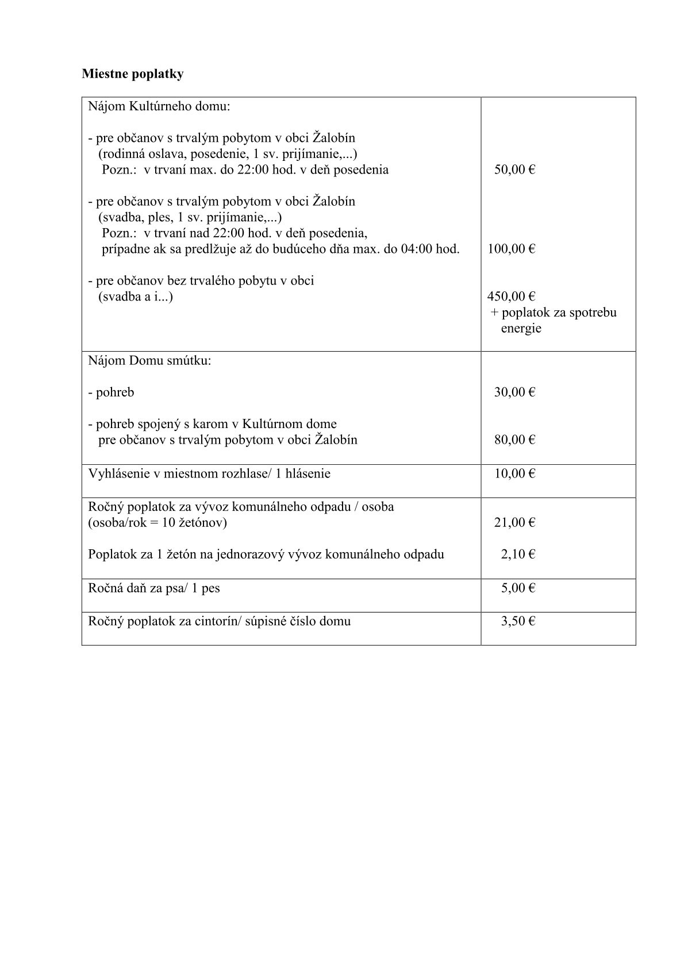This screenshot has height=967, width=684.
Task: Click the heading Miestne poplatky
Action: coord(132,74)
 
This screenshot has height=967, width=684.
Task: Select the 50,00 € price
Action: coord(514,170)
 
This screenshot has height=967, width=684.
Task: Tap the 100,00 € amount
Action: coord(512,249)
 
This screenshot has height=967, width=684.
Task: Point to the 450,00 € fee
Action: coord(512,297)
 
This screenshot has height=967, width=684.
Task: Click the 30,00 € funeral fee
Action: coord(514,392)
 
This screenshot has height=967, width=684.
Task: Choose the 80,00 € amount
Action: coord(514,440)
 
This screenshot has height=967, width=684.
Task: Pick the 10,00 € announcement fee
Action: coord(514,474)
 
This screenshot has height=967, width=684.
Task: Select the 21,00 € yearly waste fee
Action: coord(514,523)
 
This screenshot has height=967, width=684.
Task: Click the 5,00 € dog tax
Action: coord(517,588)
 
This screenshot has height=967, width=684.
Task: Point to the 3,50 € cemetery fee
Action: coord(517,622)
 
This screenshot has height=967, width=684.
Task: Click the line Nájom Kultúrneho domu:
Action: coord(159,107)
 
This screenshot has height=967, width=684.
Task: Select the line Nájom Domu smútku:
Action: coord(149,361)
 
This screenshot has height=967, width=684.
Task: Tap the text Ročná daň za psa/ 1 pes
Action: coord(154,588)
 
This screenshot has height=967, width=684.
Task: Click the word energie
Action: coord(521,329)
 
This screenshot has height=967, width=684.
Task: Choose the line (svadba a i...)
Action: coord(136,297)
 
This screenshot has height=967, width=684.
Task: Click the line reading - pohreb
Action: coord(112,392)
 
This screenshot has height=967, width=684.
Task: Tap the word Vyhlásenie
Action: coord(116,474)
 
